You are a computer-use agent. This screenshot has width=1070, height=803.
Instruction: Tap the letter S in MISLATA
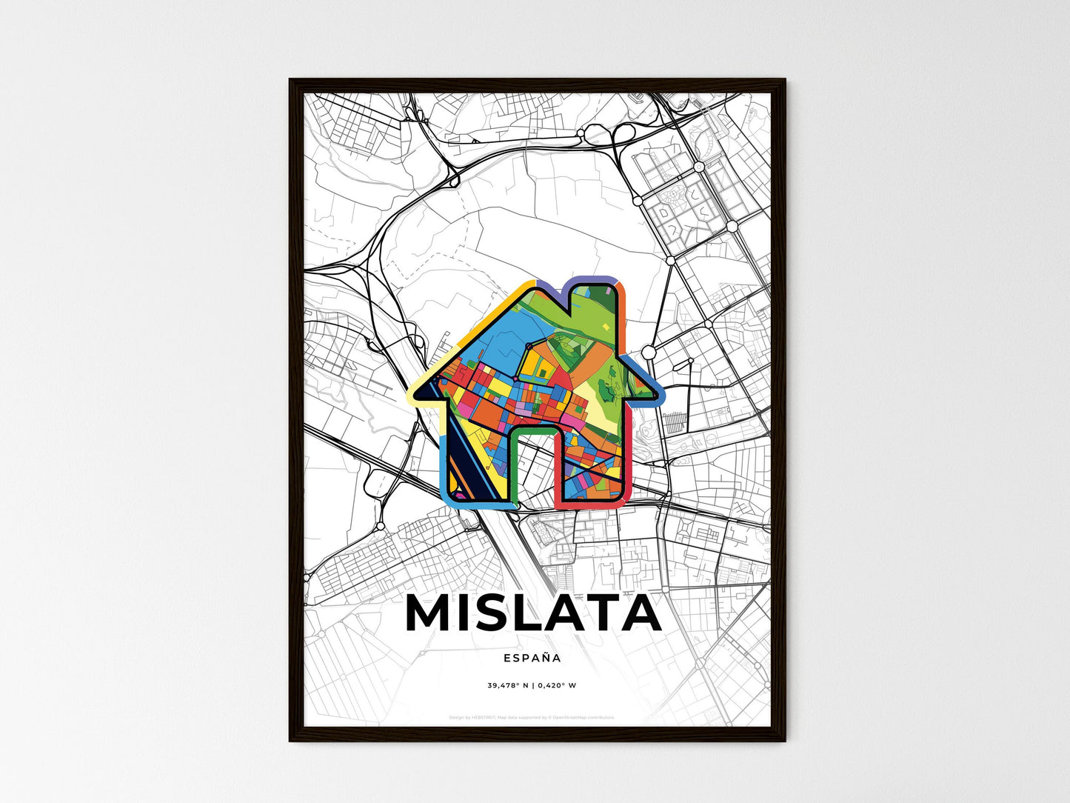[500, 613]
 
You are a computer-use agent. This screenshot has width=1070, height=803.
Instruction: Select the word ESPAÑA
[532, 658]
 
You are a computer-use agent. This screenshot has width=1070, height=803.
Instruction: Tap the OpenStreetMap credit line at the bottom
[532, 717]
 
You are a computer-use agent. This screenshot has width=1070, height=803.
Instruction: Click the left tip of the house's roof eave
[416, 393]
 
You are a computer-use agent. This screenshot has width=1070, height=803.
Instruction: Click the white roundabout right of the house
[649, 352]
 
